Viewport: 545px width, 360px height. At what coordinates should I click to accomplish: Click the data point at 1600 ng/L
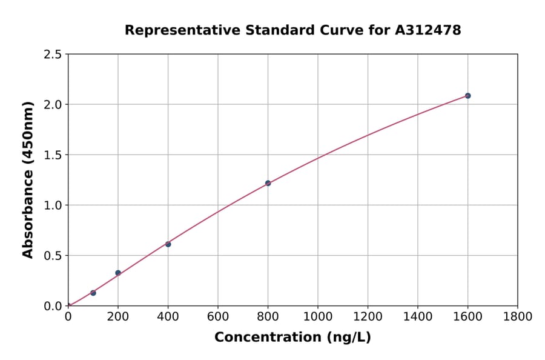[467, 96]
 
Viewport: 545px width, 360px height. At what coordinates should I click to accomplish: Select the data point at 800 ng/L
[268, 183]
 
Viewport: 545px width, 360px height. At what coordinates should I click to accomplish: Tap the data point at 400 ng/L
[168, 244]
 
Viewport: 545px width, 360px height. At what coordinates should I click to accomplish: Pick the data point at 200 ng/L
[118, 273]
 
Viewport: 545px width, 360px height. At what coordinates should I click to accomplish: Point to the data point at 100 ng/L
[93, 293]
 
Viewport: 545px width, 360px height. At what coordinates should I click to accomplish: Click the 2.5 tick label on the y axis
[53, 55]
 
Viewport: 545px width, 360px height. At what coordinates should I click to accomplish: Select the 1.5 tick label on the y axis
[53, 155]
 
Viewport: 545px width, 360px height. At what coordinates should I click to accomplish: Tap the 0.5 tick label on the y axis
[53, 256]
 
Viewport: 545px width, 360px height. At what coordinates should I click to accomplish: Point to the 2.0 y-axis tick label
[53, 105]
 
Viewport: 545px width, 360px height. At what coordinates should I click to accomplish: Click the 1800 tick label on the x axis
[517, 316]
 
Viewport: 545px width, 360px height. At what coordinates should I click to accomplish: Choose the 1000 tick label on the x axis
[317, 316]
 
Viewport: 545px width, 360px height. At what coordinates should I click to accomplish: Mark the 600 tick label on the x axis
[218, 316]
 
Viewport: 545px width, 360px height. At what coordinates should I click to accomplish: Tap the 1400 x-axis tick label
[417, 316]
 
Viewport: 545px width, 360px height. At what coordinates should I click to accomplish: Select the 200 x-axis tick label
[118, 316]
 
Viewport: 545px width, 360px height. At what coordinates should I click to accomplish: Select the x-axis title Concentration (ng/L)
[292, 337]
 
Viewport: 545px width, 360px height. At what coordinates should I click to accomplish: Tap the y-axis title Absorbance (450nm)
[28, 180]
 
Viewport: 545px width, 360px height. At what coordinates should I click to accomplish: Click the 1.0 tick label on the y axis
[53, 205]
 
